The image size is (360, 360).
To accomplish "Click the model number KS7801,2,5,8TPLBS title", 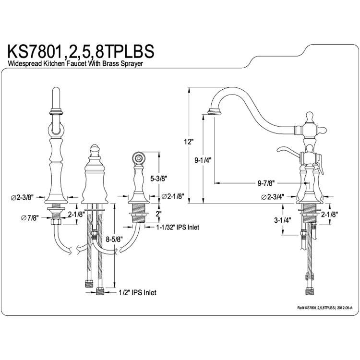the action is (81, 51).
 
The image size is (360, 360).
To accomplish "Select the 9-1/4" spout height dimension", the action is (203, 160).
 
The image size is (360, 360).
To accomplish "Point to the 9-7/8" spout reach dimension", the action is (266, 183).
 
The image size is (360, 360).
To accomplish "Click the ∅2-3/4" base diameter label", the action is (273, 197).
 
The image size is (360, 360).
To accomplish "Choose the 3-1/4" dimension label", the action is (283, 220).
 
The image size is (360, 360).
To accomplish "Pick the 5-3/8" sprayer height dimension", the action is (159, 178).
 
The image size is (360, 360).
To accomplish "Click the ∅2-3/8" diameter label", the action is (22, 197).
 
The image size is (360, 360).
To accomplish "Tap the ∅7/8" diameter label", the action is (30, 217).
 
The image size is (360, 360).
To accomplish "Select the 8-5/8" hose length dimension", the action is (114, 239).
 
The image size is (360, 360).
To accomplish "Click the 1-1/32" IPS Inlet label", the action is (178, 228).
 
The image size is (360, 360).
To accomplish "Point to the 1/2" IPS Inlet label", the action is (138, 292).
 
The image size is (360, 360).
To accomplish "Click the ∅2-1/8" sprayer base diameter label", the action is (173, 196).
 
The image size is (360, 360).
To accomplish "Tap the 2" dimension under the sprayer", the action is (159, 214).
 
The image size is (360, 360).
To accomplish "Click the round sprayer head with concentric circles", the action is (138, 158).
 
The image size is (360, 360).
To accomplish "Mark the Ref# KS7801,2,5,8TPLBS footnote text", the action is (324, 307).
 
